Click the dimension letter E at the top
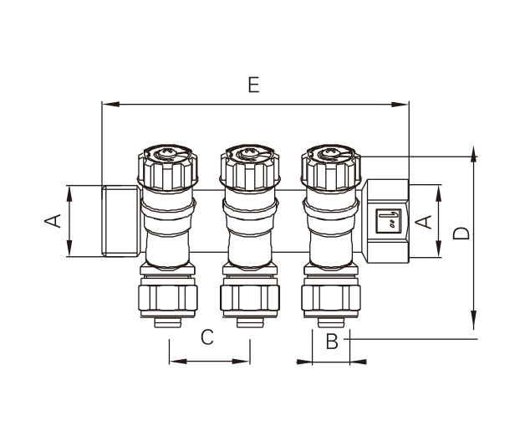(255, 85)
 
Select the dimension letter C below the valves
(208, 338)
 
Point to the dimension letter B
(332, 342)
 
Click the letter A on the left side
(53, 221)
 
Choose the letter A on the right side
(424, 222)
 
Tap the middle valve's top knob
(248, 167)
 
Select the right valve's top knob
(330, 167)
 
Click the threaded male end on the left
(119, 221)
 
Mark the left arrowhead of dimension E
(106, 105)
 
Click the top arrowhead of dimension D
(474, 155)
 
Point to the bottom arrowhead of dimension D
(474, 322)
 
